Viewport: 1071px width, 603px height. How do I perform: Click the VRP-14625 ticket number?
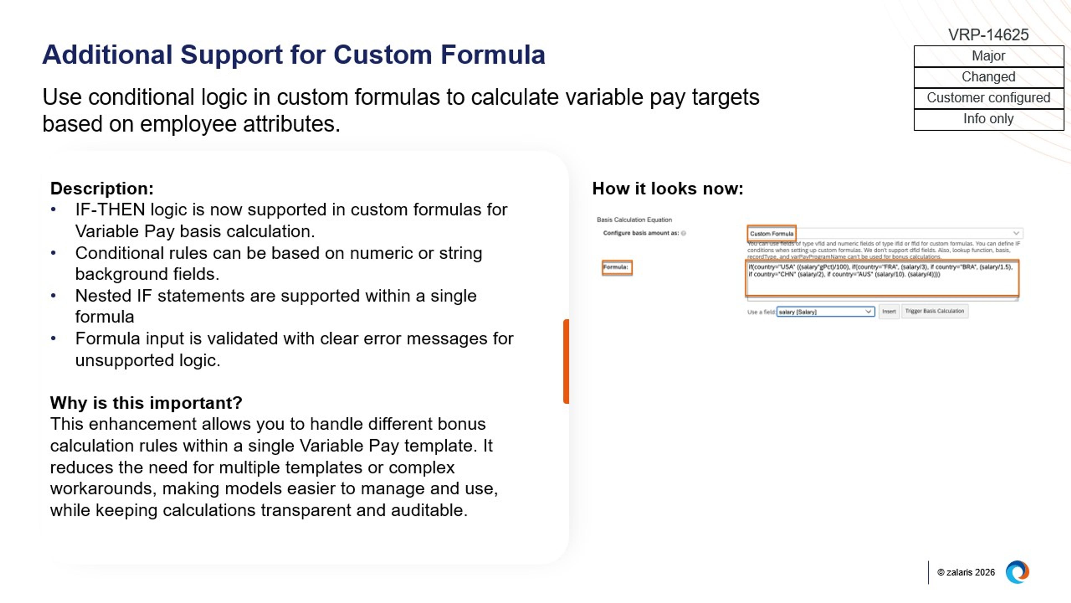point(988,35)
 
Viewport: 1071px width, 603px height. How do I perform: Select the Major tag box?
point(988,56)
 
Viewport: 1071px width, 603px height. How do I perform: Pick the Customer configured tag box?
point(988,98)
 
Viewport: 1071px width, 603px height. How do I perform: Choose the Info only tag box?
point(988,119)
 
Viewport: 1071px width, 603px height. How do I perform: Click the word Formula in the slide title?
point(492,54)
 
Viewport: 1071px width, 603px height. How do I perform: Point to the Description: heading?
point(102,188)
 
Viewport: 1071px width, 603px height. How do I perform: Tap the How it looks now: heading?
point(667,188)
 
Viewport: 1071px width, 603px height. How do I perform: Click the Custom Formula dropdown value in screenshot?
point(771,233)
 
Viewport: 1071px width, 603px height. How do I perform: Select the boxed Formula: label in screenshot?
point(616,267)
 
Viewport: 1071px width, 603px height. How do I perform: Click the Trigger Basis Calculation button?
point(934,311)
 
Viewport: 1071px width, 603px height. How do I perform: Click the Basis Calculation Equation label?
point(634,220)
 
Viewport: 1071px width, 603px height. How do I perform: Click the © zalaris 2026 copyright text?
point(965,572)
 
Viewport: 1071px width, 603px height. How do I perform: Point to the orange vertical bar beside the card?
point(566,361)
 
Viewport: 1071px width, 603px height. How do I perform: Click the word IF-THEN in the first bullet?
point(110,209)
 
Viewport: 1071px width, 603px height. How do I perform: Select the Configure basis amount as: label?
point(641,233)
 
